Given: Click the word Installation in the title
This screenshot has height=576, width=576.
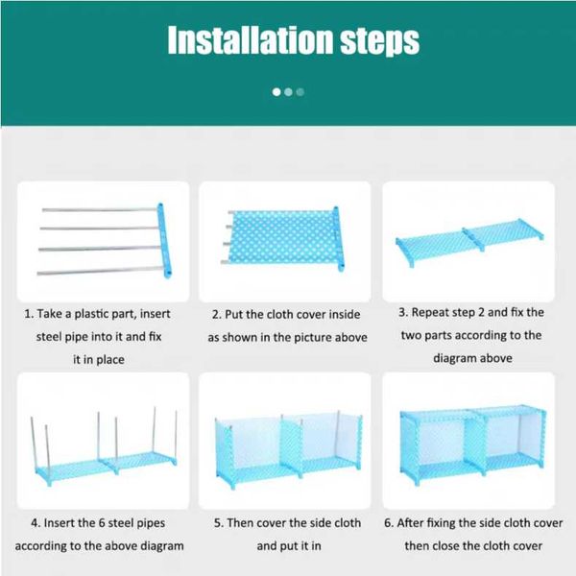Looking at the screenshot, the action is [251, 39].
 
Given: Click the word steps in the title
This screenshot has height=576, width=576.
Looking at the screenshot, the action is [380, 42].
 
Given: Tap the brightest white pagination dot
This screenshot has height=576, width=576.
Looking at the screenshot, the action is [276, 92].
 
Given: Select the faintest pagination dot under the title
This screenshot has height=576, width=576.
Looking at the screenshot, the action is [300, 92].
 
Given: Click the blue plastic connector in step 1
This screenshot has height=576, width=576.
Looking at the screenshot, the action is [164, 240].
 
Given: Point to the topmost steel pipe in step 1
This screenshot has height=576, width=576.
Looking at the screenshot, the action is [100, 209].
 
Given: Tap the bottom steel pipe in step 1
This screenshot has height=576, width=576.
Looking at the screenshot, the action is [100, 271].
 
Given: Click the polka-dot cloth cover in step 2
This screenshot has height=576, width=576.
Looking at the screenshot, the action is [282, 237].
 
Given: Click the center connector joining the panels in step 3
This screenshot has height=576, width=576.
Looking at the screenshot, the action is [472, 239].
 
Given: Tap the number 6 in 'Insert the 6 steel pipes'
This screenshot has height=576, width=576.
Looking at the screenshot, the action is [102, 523].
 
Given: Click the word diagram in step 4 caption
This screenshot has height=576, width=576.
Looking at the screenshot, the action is [162, 545].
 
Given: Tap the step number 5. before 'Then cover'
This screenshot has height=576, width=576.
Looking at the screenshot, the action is [218, 523].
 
